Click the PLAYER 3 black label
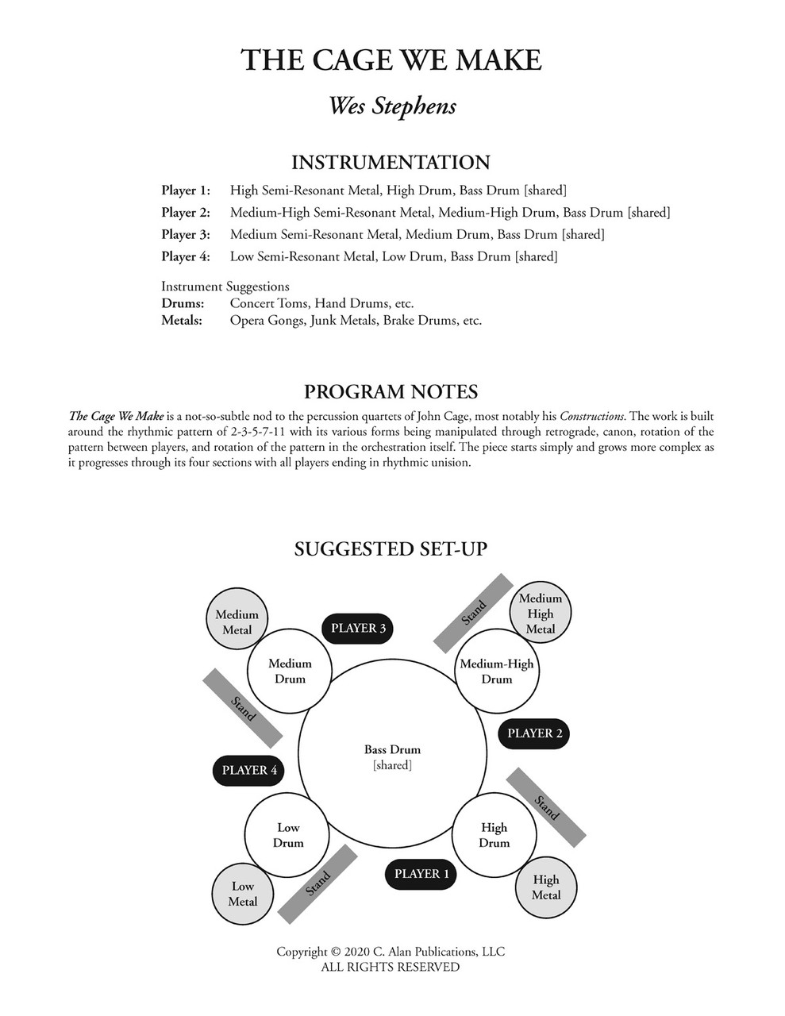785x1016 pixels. [x=358, y=628]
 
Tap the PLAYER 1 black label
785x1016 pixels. [x=421, y=874]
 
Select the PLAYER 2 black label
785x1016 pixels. [x=534, y=733]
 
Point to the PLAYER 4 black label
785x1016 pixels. [x=249, y=770]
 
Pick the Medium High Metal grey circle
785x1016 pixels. [x=540, y=613]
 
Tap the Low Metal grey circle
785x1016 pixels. [x=242, y=894]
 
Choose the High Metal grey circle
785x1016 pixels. [x=545, y=887]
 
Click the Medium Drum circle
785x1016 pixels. [x=290, y=672]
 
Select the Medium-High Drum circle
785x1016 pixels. [x=497, y=672]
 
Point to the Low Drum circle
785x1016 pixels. [x=287, y=836]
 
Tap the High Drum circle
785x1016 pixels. [x=494, y=836]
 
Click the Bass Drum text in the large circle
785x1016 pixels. [x=392, y=749]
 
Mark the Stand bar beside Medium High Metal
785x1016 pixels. [x=473, y=612]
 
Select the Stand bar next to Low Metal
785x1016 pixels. [x=317, y=883]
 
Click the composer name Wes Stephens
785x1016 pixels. [x=392, y=106]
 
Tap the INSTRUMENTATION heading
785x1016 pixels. [x=391, y=163]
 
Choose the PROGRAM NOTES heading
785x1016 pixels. [x=391, y=391]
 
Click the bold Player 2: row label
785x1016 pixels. [x=186, y=213]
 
